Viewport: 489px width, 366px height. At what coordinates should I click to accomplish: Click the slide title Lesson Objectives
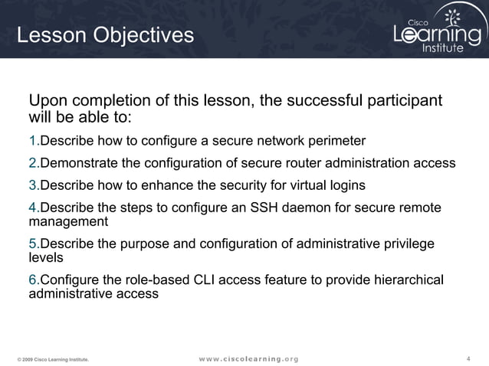105,35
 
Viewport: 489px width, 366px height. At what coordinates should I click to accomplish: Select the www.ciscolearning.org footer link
248,358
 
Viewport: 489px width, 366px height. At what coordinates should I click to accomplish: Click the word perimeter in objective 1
336,142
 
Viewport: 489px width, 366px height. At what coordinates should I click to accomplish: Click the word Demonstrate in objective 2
79,163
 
